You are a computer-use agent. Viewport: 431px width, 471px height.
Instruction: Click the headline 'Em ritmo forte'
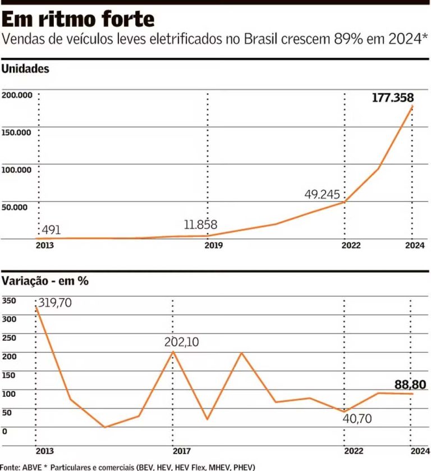point(78,19)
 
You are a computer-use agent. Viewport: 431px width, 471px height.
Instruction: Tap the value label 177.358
point(393,98)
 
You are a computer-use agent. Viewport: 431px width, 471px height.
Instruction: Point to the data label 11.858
point(200,225)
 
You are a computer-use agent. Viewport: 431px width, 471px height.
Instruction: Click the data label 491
point(51,230)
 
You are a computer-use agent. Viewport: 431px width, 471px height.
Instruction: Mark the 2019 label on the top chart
point(214,245)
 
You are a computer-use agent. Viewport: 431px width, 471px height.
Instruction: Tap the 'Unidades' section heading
point(26,70)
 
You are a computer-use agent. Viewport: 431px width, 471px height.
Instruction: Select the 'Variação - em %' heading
point(45,281)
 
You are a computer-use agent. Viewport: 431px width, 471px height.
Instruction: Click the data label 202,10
point(181,342)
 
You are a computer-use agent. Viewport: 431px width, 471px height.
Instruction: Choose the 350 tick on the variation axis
point(9,300)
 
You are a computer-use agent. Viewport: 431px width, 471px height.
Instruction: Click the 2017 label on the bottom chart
point(181,451)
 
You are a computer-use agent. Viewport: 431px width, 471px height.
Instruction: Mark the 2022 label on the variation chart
point(353,451)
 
